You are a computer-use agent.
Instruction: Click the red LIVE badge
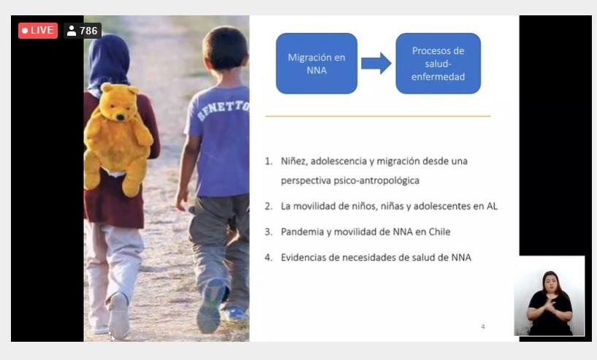(38, 31)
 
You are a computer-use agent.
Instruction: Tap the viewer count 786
(88, 31)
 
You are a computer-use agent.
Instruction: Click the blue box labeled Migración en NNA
(316, 64)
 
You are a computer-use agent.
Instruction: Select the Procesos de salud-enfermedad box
(438, 64)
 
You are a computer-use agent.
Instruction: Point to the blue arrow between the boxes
(376, 64)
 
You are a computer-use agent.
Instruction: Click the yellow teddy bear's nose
(121, 118)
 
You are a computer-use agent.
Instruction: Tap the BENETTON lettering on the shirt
(224, 110)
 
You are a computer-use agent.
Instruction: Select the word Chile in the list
(439, 231)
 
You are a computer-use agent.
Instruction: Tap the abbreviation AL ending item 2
(492, 206)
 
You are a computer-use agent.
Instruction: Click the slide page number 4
(483, 326)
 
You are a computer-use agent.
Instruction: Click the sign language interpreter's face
(550, 283)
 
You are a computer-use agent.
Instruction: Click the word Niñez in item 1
(293, 161)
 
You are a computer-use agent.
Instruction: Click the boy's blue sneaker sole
(209, 307)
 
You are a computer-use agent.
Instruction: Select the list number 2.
(268, 206)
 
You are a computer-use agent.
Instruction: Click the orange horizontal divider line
(378, 116)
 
